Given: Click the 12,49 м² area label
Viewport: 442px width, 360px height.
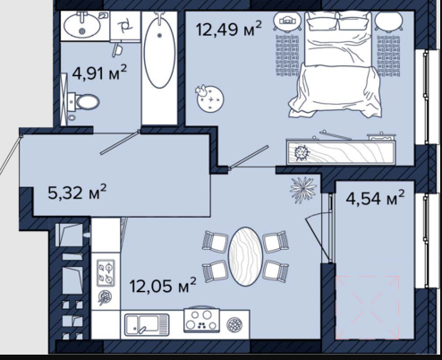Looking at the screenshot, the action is (229, 29).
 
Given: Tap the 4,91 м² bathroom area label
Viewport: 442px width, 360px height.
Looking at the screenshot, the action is (99, 73).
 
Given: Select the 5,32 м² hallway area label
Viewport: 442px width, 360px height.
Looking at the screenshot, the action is (77, 193).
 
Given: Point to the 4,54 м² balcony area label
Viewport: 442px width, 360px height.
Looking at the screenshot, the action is (375, 198).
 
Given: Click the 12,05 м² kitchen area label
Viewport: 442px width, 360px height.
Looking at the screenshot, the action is (163, 286).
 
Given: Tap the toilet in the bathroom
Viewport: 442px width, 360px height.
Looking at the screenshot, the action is (83, 102).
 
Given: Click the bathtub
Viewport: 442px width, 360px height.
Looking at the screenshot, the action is (159, 51).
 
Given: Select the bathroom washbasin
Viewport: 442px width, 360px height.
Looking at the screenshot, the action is (81, 25).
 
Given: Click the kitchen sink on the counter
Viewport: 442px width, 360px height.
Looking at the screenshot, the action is (147, 324).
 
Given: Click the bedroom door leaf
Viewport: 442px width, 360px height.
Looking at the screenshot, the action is (250, 157).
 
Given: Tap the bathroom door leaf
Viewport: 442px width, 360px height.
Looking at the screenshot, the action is (120, 142).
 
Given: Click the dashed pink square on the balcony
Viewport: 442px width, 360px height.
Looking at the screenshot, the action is (367, 307).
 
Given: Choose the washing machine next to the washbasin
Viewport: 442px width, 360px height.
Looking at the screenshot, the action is (125, 26).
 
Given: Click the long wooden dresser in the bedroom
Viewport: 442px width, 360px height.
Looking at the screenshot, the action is (341, 152).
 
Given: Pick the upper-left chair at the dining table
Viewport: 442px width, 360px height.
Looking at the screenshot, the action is (216, 241).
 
